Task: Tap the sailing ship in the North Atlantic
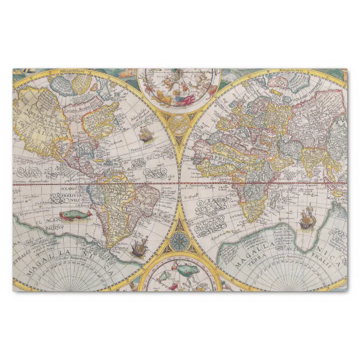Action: (x=145, y=135)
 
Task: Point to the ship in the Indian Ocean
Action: (x=306, y=219)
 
